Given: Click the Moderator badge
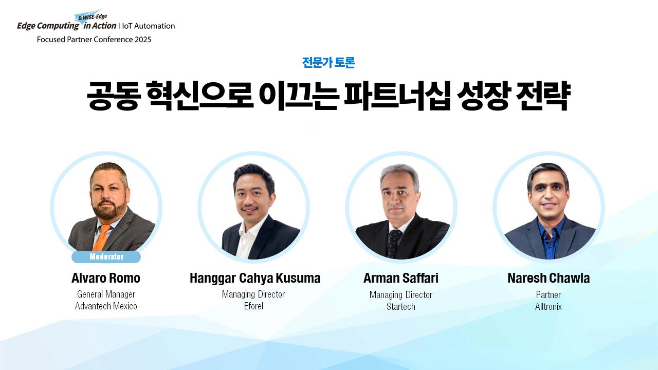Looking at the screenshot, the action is pyautogui.click(x=106, y=256).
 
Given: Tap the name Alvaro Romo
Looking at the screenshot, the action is pyautogui.click(x=106, y=278).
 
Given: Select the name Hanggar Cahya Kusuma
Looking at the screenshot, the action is pyautogui.click(x=254, y=279).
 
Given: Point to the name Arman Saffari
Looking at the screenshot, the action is pyautogui.click(x=400, y=278).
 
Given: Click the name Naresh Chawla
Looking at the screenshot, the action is pyautogui.click(x=549, y=278).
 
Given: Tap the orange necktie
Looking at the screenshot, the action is pyautogui.click(x=101, y=237).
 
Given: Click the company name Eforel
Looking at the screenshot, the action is pyautogui.click(x=253, y=306).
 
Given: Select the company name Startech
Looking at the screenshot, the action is pyautogui.click(x=400, y=307).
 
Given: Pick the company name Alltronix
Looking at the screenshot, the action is pyautogui.click(x=548, y=307).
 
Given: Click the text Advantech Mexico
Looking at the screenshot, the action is pyautogui.click(x=106, y=306).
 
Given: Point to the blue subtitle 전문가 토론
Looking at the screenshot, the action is pyautogui.click(x=328, y=62).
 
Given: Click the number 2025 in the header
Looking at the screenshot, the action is pyautogui.click(x=143, y=40).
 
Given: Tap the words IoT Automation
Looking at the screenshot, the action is pyautogui.click(x=149, y=26).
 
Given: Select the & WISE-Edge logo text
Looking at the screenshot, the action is pyautogui.click(x=92, y=17).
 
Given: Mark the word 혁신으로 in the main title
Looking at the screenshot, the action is pyautogui.click(x=200, y=96).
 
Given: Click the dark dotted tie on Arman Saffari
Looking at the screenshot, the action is pyautogui.click(x=394, y=243).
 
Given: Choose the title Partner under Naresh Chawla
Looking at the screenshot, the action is pyautogui.click(x=548, y=294).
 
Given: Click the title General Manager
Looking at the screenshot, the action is pyautogui.click(x=106, y=294).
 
